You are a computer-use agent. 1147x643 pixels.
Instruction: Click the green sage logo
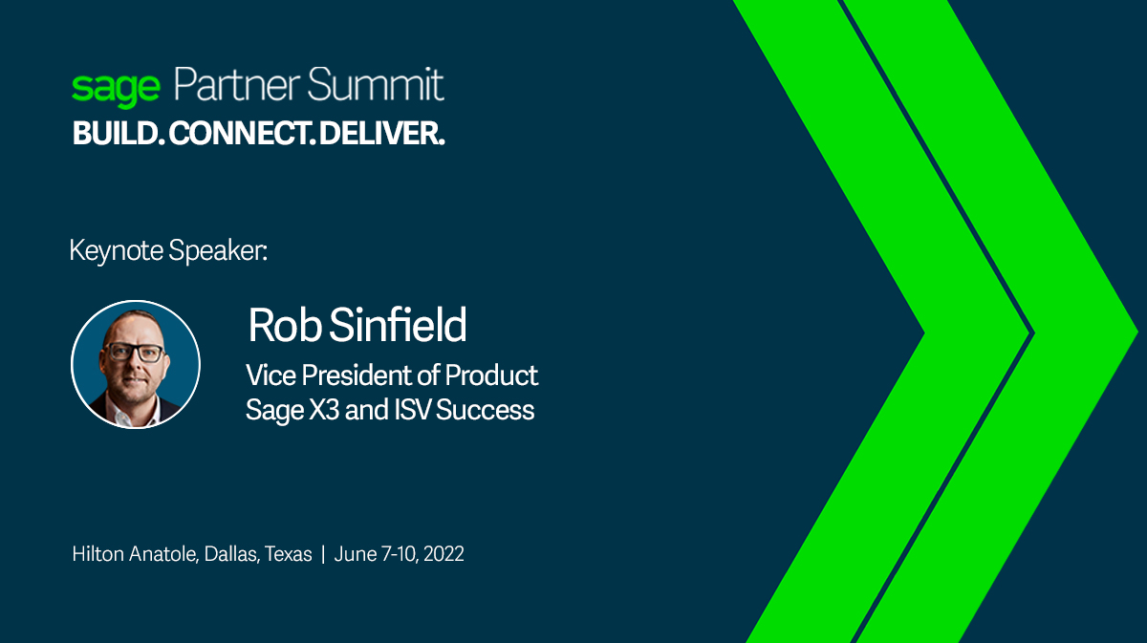pos(116,89)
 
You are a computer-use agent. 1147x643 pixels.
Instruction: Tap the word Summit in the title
pos(379,86)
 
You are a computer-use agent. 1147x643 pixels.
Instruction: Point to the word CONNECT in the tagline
pos(243,135)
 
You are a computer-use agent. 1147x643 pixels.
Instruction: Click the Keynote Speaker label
pos(168,251)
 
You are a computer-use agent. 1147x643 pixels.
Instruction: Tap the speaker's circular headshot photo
pos(136,364)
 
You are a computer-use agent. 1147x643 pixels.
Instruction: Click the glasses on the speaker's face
pos(134,352)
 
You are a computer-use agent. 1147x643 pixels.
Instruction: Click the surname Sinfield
pos(398,326)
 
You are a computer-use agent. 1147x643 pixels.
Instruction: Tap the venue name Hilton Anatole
pos(134,554)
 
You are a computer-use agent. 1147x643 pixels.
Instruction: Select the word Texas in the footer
pos(289,554)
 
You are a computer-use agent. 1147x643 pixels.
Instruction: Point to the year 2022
pos(444,554)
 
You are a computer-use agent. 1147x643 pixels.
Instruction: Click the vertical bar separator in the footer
pos(324,554)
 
